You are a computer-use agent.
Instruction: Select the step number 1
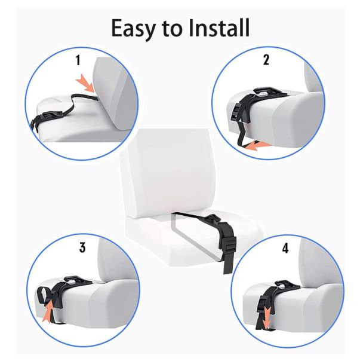coord(78,60)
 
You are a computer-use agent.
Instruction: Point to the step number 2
coord(266,60)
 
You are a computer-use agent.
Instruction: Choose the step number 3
coord(82,247)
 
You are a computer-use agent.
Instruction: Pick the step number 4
coord(285,248)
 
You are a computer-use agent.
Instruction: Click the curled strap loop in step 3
coord(44,295)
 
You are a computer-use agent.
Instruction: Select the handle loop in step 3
coord(73,280)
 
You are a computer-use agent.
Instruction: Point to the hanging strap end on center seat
coord(227,266)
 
